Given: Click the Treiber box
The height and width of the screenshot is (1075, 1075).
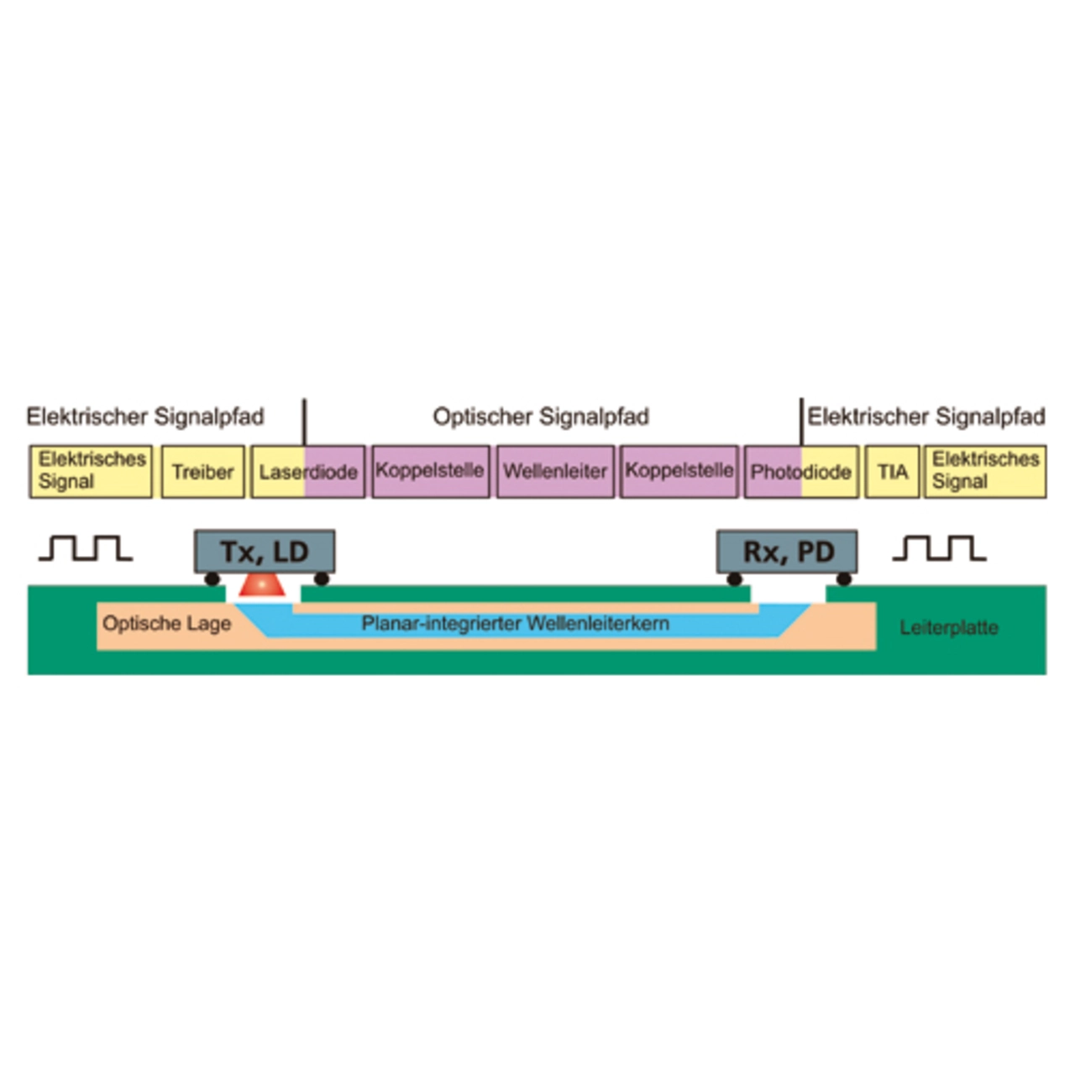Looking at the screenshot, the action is click(x=203, y=472).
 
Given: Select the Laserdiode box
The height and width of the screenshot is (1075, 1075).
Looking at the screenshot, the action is click(x=308, y=472).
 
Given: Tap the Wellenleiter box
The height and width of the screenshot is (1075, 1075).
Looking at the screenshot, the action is click(x=556, y=472).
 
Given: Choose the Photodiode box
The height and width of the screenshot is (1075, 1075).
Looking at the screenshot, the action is click(x=801, y=472).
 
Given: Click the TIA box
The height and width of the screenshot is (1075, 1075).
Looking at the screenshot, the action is click(x=892, y=472).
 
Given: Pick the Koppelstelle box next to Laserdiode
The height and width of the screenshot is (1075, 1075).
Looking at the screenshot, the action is click(x=431, y=472).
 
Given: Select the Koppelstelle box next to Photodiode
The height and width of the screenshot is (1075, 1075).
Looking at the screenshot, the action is click(x=679, y=472).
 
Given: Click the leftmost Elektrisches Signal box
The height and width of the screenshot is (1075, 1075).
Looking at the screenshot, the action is click(x=91, y=472).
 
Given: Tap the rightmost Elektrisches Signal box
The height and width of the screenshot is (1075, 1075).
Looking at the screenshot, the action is click(x=985, y=472).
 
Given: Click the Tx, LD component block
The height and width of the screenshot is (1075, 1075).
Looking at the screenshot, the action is click(x=265, y=552).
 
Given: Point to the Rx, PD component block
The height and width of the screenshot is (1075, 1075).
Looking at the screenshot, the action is click(x=787, y=552).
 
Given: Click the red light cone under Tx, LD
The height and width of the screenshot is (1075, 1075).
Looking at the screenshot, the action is click(x=262, y=585).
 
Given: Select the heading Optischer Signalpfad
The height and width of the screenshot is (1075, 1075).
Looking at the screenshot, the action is click(x=541, y=417).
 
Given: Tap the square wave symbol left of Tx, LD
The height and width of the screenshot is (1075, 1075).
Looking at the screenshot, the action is click(x=86, y=548).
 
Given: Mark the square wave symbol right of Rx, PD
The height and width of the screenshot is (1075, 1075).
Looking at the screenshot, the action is click(x=940, y=548).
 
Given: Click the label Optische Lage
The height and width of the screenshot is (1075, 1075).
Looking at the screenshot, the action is click(x=167, y=624).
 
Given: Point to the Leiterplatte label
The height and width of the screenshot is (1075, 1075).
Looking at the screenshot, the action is click(x=949, y=628).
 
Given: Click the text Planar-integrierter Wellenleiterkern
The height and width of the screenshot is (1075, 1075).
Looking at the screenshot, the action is click(x=516, y=623).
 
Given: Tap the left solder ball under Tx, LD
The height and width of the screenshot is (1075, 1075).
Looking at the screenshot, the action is click(x=212, y=579).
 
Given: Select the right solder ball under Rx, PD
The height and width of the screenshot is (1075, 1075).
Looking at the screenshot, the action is click(x=844, y=579).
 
